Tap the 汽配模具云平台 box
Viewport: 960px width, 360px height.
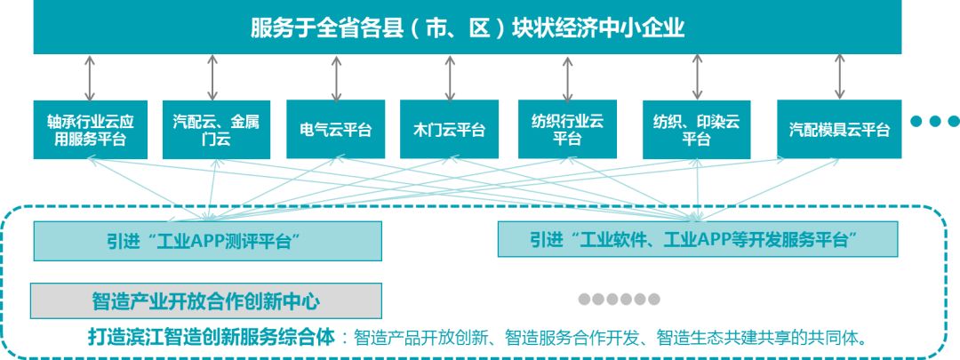click(x=839, y=130)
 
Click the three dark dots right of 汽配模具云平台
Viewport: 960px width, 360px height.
click(x=932, y=122)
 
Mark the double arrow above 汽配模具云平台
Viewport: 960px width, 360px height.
click(x=839, y=77)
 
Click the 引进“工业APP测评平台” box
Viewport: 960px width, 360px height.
click(x=207, y=239)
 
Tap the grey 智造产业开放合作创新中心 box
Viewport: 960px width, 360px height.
click(x=207, y=300)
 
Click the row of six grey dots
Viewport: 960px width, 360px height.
click(x=620, y=300)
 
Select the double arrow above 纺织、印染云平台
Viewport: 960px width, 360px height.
click(x=696, y=77)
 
